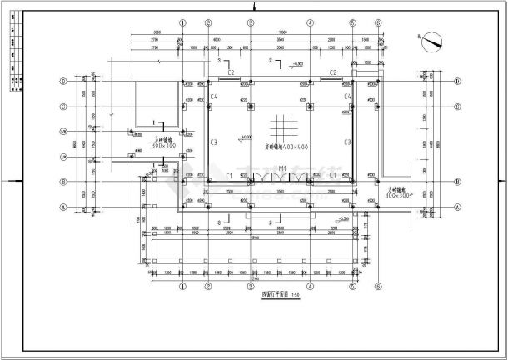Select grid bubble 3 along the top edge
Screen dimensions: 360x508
coord(251,23)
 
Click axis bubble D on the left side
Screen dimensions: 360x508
coord(62,82)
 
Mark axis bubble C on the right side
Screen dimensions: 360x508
coord(457,107)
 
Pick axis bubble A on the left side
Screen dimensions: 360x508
coord(62,207)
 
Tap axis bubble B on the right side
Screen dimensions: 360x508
coord(457,182)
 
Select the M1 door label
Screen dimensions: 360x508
coord(282,169)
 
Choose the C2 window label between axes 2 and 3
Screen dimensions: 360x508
coord(232,74)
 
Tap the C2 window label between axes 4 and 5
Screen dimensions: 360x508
coord(331,74)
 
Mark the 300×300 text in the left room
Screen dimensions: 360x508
coord(164,145)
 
